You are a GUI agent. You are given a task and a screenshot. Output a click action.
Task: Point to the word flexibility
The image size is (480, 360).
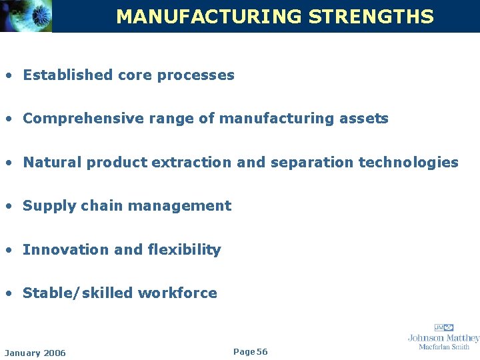(185, 249)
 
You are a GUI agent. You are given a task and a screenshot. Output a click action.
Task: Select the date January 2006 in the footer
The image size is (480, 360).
(35, 353)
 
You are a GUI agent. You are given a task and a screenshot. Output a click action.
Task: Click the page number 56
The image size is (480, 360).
(262, 351)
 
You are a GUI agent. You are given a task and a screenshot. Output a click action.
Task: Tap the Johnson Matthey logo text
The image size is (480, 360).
(443, 337)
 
